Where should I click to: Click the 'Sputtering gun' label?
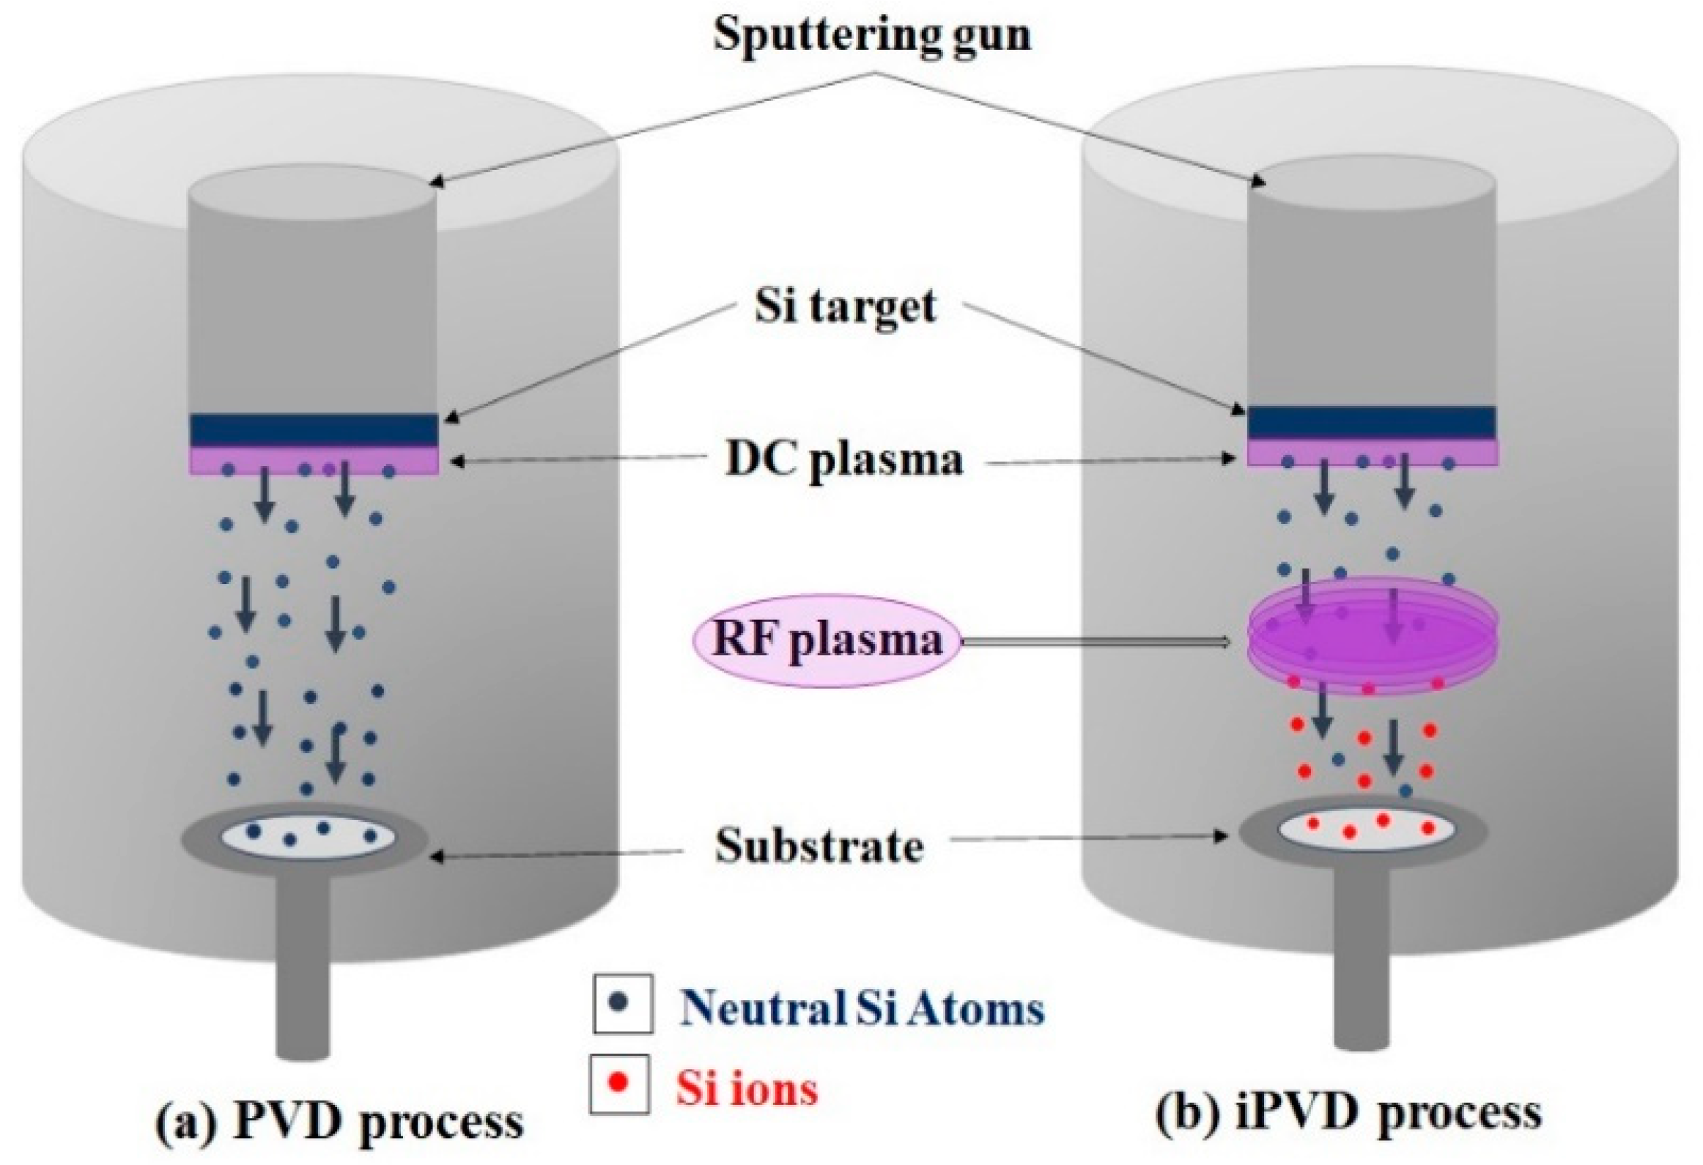pos(871,34)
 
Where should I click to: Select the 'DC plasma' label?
pos(843,461)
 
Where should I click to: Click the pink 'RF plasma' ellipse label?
pos(827,640)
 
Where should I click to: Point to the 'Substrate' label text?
pos(819,846)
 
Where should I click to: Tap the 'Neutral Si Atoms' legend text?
pos(862,1008)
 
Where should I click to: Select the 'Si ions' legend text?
pos(747,1088)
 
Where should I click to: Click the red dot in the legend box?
pos(619,1081)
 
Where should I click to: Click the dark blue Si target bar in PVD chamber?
pos(314,430)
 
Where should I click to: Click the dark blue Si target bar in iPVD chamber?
pos(1371,423)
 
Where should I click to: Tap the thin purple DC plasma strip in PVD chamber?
pos(314,461)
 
